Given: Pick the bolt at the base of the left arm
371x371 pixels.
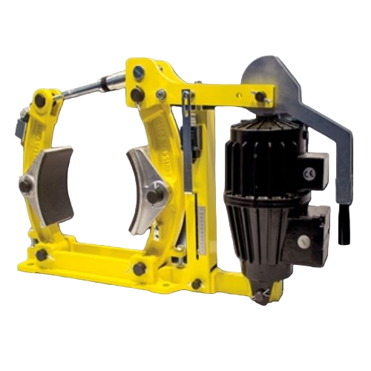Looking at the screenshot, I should (x=42, y=257).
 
